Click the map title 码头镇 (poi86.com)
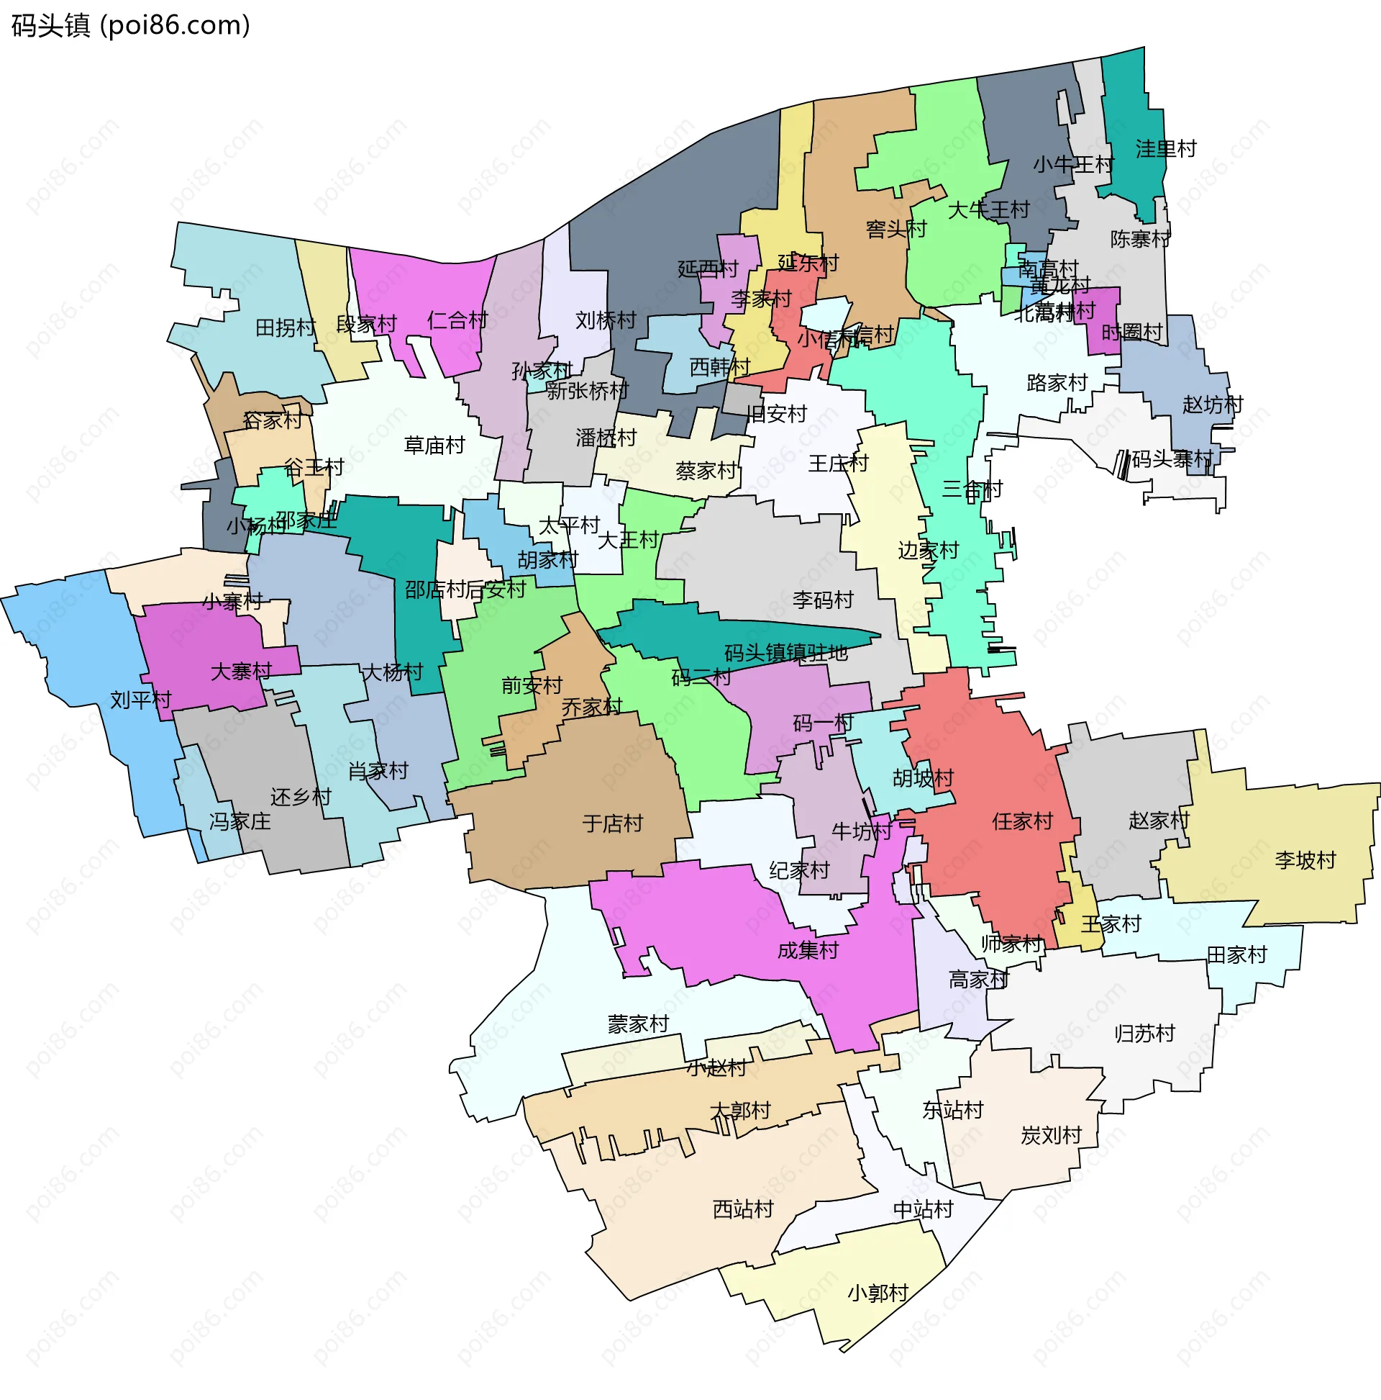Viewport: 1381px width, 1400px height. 131,26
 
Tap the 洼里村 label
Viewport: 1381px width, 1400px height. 1166,149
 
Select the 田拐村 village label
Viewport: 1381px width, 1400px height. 286,328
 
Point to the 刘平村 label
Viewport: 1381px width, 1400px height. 140,700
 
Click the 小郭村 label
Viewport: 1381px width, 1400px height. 878,1293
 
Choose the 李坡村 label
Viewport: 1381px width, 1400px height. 1305,861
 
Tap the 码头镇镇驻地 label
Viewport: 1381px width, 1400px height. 785,653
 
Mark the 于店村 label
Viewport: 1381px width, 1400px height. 613,824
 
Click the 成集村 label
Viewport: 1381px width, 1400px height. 808,950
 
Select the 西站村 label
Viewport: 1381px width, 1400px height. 743,1209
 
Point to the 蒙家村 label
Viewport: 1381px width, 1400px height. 638,1025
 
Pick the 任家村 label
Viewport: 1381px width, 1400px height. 1022,822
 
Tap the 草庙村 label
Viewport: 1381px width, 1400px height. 434,446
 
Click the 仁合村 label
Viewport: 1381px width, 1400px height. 457,320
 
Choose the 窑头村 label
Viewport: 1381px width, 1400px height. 896,230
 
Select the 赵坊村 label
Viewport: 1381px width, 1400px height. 1212,405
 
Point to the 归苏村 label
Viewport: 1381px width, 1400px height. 1144,1034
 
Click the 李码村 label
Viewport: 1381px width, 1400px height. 823,600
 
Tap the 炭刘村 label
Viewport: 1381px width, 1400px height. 1051,1136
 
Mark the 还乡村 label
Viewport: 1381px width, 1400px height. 301,797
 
